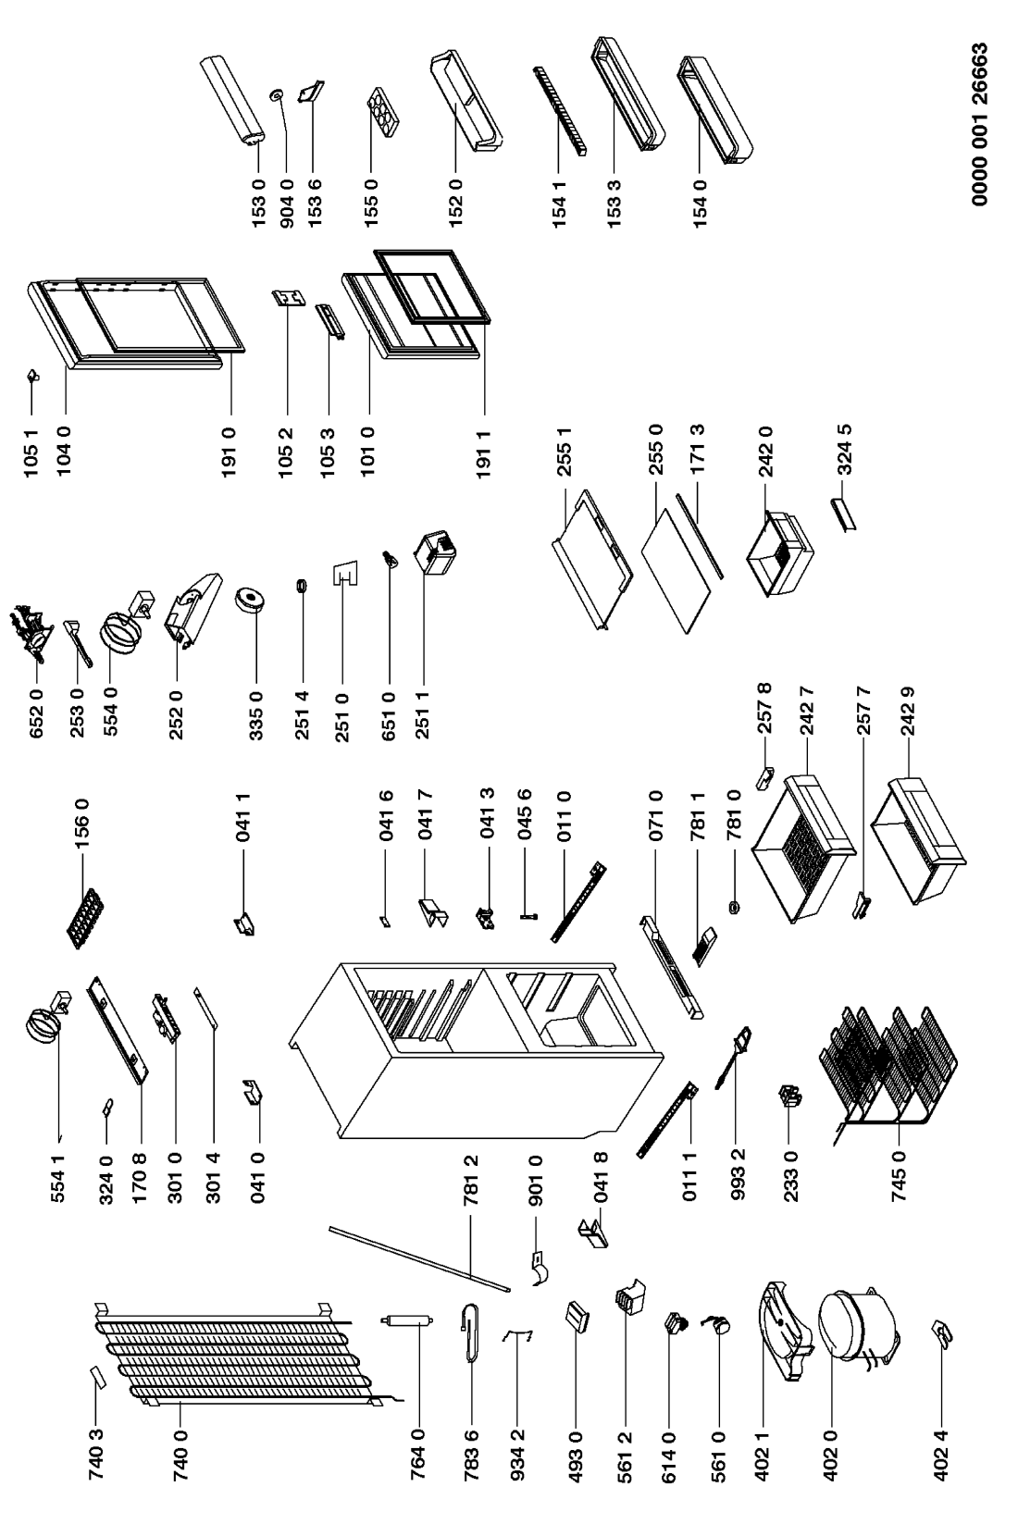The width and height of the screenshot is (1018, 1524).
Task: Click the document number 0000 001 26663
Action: point(982,132)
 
